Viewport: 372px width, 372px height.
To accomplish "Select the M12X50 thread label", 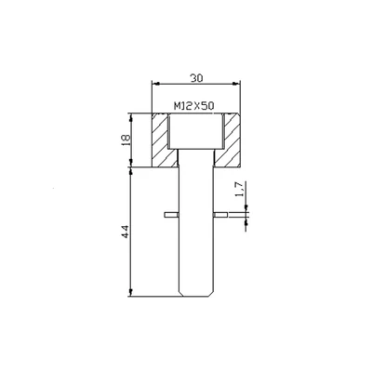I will click(x=194, y=106).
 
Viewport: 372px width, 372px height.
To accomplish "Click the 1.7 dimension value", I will click(x=240, y=192).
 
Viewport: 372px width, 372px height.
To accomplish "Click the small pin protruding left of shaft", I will click(x=169, y=216).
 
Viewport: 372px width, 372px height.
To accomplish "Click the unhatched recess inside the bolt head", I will click(x=194, y=130).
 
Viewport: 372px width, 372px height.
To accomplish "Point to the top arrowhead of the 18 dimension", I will click(x=129, y=116).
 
